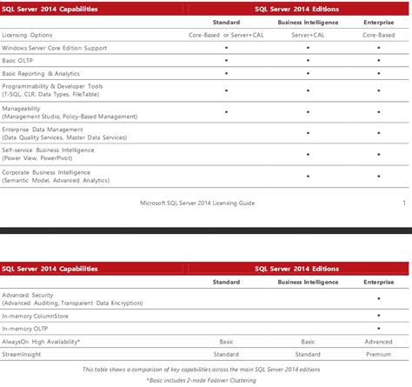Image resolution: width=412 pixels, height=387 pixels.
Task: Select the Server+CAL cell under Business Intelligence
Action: (309, 35)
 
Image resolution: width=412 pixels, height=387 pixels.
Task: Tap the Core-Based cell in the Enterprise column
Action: (378, 35)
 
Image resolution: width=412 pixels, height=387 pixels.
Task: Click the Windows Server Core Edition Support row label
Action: (54, 47)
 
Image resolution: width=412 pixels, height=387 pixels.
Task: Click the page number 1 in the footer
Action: (404, 203)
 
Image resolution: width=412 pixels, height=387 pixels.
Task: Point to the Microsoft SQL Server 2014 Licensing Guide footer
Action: (196, 204)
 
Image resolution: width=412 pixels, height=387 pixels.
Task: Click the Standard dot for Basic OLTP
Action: (226, 60)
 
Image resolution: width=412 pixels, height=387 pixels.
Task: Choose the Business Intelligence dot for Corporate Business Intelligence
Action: (309, 172)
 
